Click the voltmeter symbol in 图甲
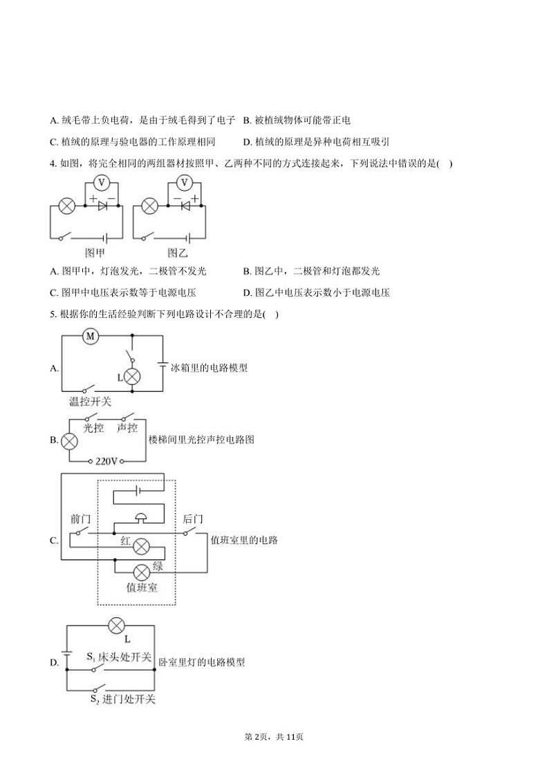point(101,182)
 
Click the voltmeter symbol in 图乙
point(184,182)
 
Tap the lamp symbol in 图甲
point(66,205)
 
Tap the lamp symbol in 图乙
point(149,205)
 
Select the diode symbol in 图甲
point(102,205)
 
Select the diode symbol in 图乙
point(185,205)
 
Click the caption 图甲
point(95,253)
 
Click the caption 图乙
point(178,253)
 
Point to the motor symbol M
point(91,336)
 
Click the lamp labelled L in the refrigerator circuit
point(131,377)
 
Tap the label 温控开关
point(90,402)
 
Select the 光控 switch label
point(93,428)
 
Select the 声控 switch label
point(127,428)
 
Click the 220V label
point(106,461)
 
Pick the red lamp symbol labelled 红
point(141,546)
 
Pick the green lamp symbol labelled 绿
point(141,572)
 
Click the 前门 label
point(81,519)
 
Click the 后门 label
point(193,519)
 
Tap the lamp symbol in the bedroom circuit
point(116,626)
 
